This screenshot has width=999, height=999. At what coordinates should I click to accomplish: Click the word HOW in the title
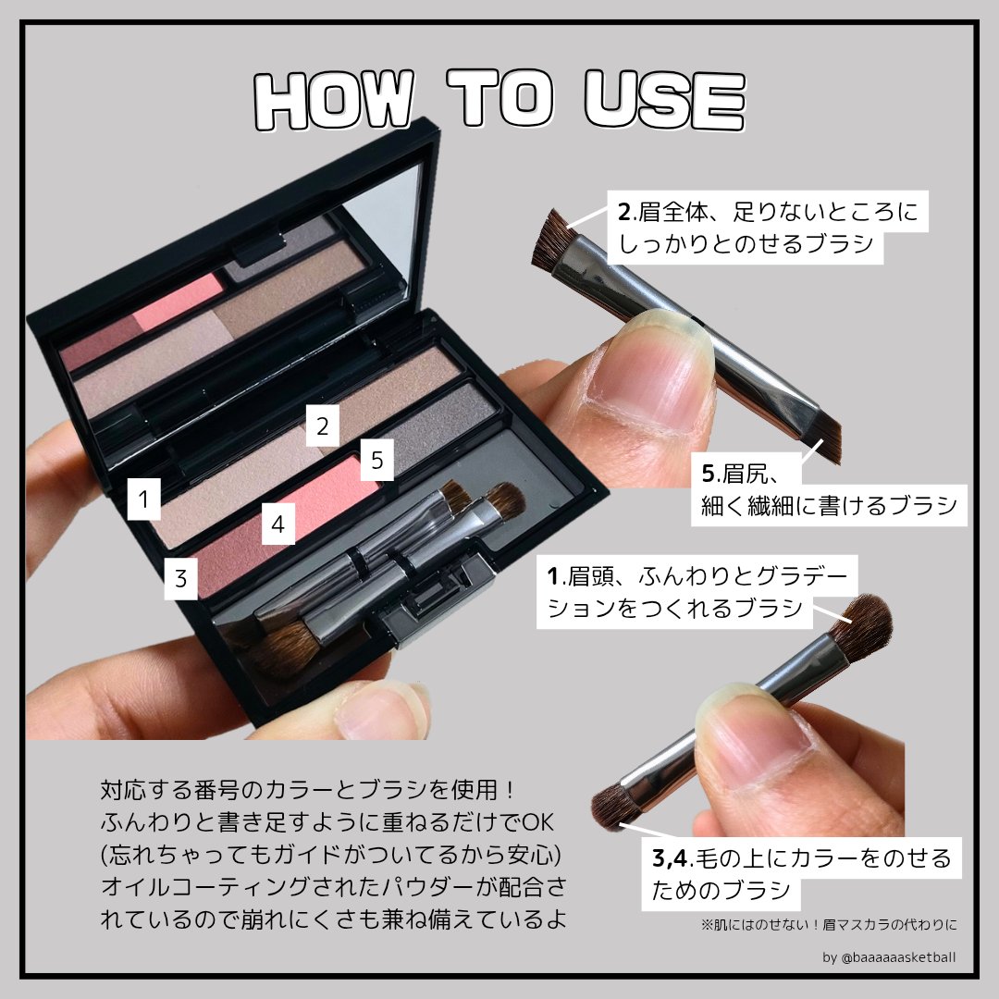332,99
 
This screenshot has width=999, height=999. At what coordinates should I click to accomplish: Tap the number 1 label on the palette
143,500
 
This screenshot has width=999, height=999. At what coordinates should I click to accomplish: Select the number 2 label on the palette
322,427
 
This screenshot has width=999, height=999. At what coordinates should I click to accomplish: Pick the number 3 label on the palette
181,580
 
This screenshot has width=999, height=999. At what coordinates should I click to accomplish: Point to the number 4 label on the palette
277,526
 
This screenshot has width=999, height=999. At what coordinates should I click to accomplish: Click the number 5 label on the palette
376,461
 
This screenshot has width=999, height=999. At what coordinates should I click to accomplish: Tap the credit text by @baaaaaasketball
889,956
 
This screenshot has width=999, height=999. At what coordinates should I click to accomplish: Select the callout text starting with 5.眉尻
828,490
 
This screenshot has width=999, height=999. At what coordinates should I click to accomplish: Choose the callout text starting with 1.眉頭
698,592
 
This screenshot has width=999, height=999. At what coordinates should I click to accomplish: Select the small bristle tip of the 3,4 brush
611,806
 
